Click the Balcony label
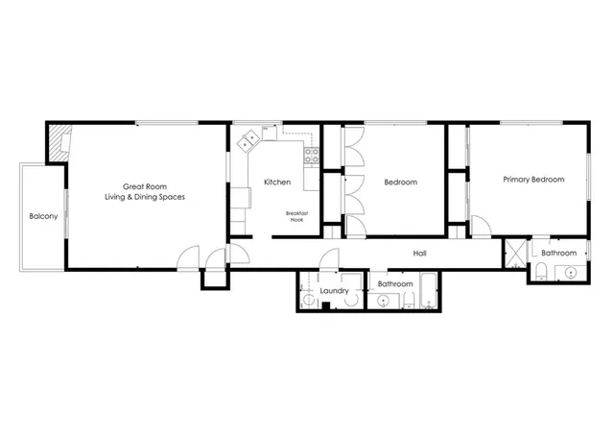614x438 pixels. click(43, 216)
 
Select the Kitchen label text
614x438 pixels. click(277, 182)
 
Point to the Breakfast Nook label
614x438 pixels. click(296, 216)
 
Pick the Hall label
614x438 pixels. click(419, 254)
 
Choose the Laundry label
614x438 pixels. click(334, 290)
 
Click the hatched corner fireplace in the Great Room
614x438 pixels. click(59, 142)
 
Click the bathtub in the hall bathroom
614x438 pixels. click(428, 291)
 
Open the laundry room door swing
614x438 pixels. click(329, 260)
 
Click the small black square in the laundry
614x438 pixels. click(327, 306)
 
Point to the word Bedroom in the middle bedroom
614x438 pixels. click(400, 182)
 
